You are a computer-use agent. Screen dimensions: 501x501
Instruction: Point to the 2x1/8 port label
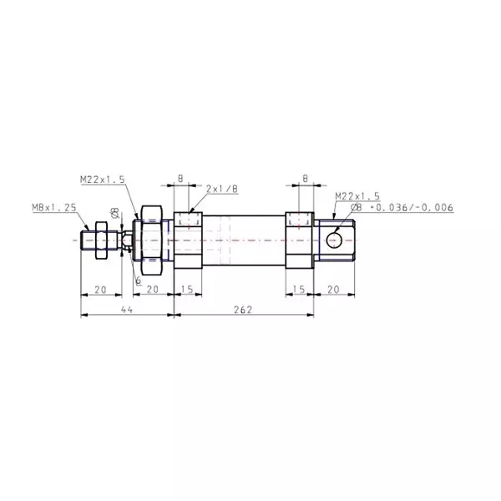tap(221, 189)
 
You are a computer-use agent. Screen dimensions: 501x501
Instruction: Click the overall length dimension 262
tap(243, 308)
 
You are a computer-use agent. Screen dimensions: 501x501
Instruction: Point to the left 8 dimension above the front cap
tap(181, 178)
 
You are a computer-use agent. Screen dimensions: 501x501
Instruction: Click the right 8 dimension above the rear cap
tap(305, 178)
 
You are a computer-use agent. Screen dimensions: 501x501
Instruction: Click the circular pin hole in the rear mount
tap(335, 240)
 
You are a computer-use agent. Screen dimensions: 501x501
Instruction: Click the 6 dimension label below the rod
tap(138, 280)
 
